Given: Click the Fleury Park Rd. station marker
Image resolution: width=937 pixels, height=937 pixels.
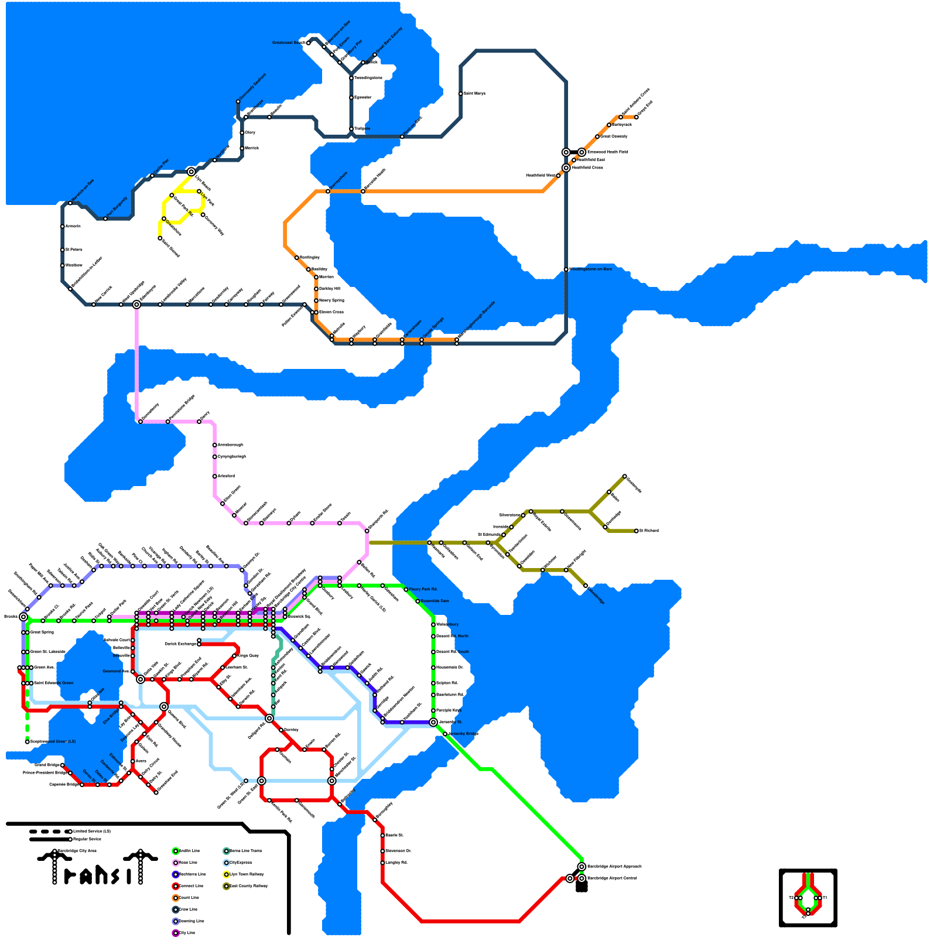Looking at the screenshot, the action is pyautogui.click(x=406, y=589).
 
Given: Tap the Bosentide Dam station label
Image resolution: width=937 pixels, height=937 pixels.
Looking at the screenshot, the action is pyautogui.click(x=435, y=601).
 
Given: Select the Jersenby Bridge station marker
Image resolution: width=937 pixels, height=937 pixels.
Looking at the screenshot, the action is pyautogui.click(x=445, y=734).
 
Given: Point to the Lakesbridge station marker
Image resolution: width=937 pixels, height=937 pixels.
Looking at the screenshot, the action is pyautogui.click(x=586, y=586).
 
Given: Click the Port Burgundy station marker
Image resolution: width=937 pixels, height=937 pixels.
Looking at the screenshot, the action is pyautogui.click(x=105, y=218).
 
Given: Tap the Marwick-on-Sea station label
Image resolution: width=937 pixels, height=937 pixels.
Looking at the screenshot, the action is pyautogui.click(x=82, y=190).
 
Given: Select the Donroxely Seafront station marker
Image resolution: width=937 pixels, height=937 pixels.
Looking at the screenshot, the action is pyautogui.click(x=238, y=101).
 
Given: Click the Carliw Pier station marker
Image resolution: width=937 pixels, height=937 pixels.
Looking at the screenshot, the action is pyautogui.click(x=152, y=176).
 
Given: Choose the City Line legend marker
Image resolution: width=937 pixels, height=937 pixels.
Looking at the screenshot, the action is pyautogui.click(x=176, y=933).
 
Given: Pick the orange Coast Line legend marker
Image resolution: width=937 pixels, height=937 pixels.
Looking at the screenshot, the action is pyautogui.click(x=176, y=898).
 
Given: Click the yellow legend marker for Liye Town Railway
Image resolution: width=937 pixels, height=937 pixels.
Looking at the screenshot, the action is pyautogui.click(x=226, y=874).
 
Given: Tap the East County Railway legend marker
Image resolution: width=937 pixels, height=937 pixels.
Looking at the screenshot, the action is pyautogui.click(x=226, y=886).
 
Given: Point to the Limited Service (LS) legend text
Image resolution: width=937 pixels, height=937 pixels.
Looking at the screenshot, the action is pyautogui.click(x=92, y=831).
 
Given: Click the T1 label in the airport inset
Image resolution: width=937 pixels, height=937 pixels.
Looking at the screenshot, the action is pyautogui.click(x=825, y=898).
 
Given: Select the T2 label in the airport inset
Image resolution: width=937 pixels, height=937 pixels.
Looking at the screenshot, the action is pyautogui.click(x=791, y=898).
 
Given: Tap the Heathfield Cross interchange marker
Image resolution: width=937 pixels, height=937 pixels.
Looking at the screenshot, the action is pyautogui.click(x=566, y=168).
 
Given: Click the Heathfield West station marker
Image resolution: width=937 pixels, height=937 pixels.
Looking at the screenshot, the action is pyautogui.click(x=558, y=175).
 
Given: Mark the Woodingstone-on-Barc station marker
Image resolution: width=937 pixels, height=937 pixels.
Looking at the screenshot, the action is pyautogui.click(x=566, y=269).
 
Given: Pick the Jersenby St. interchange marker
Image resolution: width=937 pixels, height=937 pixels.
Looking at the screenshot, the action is pyautogui.click(x=433, y=722).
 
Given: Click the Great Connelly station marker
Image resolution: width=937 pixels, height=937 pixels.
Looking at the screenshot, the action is pyautogui.click(x=597, y=136).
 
